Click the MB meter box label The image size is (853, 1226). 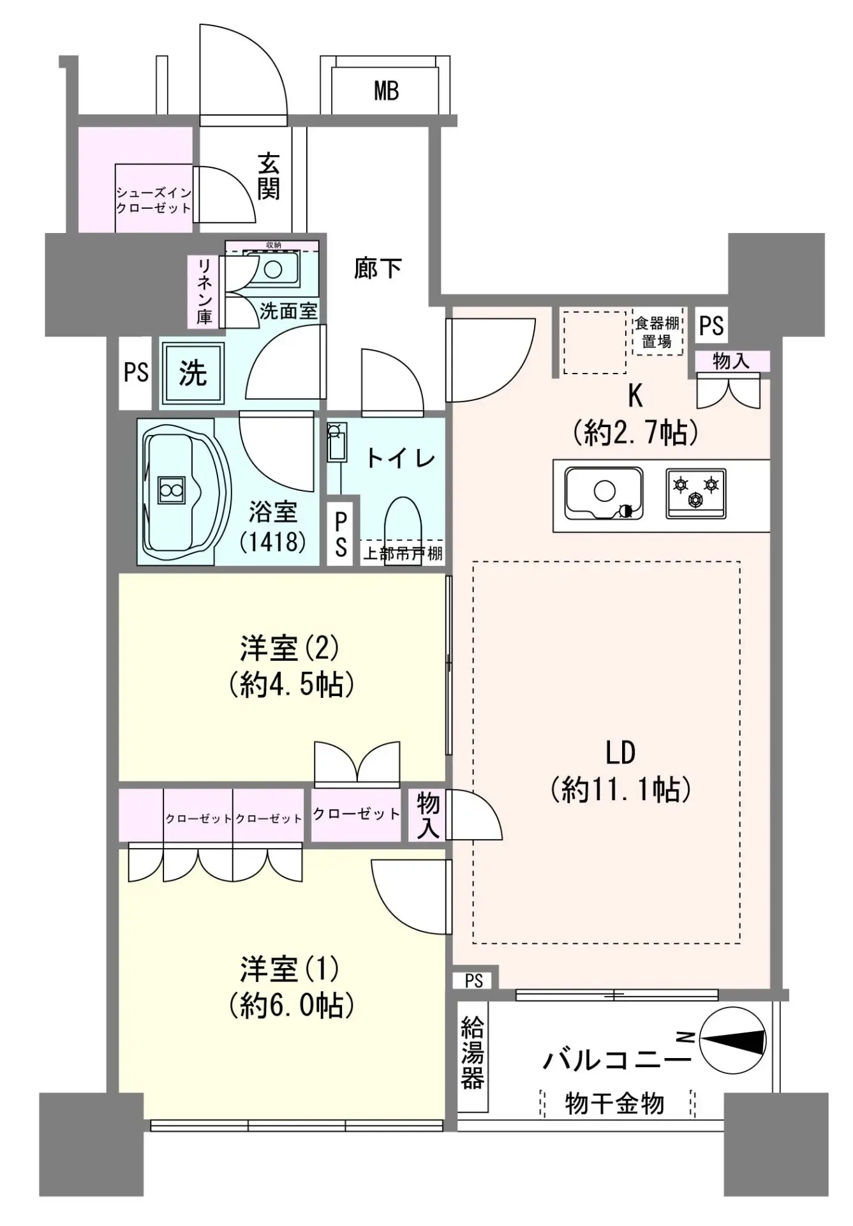point(387,91)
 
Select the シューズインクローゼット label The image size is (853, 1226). point(153,200)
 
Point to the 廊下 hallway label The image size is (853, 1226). point(378,268)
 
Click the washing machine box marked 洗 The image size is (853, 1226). point(193,373)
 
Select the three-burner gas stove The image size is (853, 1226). point(696,493)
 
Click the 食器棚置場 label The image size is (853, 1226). point(656,332)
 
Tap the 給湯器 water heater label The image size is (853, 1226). point(472,1053)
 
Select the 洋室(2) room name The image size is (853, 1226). point(290,648)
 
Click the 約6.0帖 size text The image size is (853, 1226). point(291,1006)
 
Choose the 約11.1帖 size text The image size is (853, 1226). point(621,790)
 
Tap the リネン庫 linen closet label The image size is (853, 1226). point(204,291)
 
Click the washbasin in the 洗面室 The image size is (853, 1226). point(272,269)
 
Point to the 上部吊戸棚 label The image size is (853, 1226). point(403,553)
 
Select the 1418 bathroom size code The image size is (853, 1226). point(273,541)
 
